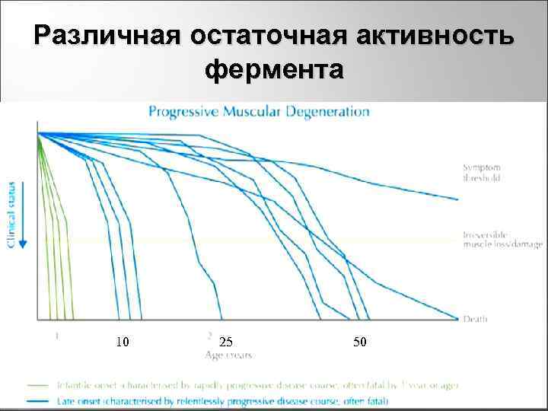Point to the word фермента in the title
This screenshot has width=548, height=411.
pos(274,70)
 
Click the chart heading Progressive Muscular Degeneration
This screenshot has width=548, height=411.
pos(259,112)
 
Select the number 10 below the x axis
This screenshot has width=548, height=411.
pos(122,342)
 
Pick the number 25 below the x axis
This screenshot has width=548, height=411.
pos(225,342)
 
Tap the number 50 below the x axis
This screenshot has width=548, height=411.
pos(360,342)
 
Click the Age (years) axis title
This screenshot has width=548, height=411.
pos(228,355)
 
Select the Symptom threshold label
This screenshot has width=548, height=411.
pos(482,172)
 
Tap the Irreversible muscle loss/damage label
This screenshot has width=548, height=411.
pos(502,239)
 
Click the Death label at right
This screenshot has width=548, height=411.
pos(476,319)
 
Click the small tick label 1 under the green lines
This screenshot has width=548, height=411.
pos(57,333)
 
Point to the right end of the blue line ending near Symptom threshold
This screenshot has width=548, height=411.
pos(457,199)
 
